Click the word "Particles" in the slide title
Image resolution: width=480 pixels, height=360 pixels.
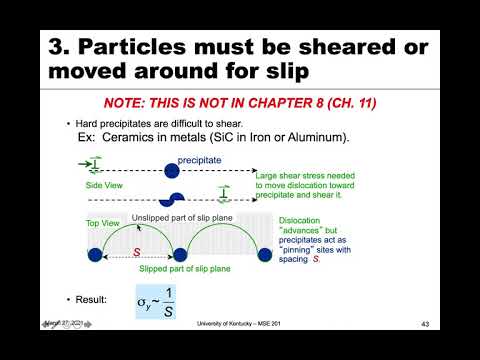point(161,47)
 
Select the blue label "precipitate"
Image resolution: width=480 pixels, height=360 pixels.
point(199,160)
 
